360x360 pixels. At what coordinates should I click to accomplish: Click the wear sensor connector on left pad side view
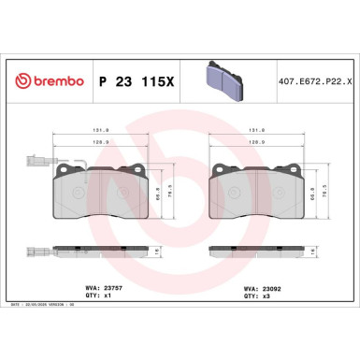pyautogui.click(x=32, y=251)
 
